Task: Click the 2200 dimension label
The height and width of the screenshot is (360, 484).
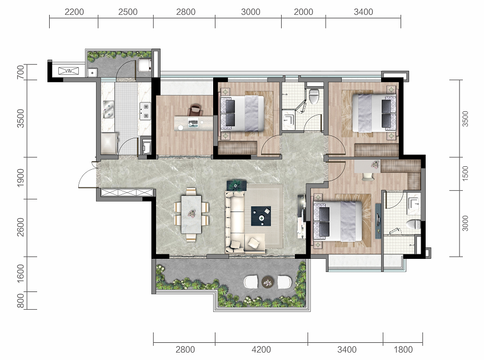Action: [x=74, y=12]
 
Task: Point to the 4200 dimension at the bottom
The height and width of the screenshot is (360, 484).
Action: [x=261, y=350]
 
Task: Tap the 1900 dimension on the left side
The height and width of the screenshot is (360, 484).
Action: [x=21, y=178]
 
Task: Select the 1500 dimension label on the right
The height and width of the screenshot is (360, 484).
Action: [x=465, y=174]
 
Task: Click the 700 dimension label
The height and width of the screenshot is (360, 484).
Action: [x=21, y=72]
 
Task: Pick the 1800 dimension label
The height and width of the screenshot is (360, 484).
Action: [x=403, y=350]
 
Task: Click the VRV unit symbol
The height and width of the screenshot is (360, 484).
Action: [x=69, y=71]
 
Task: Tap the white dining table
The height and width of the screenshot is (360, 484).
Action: [x=191, y=214]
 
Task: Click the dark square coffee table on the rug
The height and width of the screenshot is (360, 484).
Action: [x=261, y=216]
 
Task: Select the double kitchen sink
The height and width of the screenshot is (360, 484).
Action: [x=108, y=109]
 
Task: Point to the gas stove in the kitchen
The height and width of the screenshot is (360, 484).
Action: [x=145, y=111]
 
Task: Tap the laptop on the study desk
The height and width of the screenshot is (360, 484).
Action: [x=193, y=123]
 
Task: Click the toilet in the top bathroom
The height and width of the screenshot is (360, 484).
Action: [x=314, y=96]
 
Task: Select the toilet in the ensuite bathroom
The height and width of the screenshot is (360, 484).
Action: [x=413, y=224]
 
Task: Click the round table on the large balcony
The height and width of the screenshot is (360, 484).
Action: [x=267, y=282]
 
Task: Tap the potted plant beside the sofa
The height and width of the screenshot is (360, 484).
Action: [x=237, y=185]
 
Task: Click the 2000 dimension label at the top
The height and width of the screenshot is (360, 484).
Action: [x=303, y=12]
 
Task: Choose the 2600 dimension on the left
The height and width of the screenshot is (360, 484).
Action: [x=21, y=227]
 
